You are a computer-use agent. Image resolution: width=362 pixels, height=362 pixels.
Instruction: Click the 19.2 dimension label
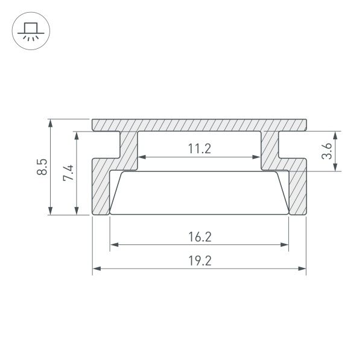(200, 261)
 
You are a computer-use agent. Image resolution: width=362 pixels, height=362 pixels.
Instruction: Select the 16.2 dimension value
(200, 237)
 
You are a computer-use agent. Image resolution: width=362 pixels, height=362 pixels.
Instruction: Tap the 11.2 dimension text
(200, 148)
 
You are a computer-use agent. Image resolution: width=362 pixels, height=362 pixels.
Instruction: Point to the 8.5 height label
(42, 167)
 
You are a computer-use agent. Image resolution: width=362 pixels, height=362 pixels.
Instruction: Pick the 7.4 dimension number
(68, 173)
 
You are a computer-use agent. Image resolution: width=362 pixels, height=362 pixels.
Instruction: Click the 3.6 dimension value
(326, 151)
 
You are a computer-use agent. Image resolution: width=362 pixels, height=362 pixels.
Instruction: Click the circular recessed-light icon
(31, 31)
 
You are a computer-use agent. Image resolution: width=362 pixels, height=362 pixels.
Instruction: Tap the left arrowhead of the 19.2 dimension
(97, 268)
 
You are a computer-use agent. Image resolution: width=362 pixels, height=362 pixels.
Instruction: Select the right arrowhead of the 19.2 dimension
(302, 268)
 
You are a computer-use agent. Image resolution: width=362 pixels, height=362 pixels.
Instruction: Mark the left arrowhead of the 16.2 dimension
(115, 244)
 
